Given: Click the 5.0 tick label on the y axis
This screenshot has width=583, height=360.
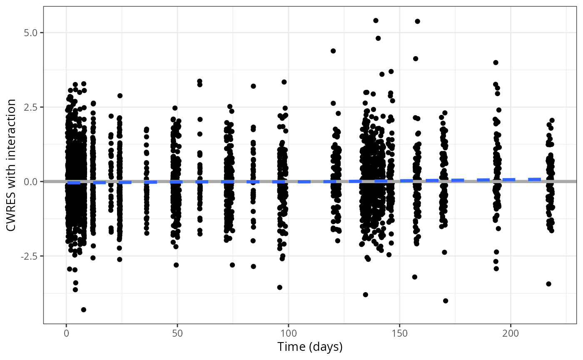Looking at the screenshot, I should pos(30,32).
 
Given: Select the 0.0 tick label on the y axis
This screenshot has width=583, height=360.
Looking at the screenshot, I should pos(30,181).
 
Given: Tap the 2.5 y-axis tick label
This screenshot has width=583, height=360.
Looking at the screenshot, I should pos(30,107).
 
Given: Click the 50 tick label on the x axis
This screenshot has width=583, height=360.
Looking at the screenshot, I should pos(177,334).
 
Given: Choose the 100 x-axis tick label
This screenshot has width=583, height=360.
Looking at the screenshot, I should pos(288,334).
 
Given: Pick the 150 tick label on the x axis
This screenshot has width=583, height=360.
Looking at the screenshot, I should pos(399,334).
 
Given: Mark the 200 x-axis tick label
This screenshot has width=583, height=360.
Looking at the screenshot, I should pos(510,334).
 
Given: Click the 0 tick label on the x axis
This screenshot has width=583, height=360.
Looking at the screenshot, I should pos(66,334).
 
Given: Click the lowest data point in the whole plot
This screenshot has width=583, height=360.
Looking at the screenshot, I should pos(83,310).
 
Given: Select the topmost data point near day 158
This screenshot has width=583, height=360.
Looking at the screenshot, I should pos(417,21).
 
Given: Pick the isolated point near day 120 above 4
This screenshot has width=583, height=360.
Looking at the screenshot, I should pos(333,51).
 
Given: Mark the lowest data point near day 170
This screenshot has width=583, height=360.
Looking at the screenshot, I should pos(446,301).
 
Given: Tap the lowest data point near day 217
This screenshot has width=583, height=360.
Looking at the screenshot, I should pos(548,284).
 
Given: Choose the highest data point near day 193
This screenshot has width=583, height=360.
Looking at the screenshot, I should pos(496,62).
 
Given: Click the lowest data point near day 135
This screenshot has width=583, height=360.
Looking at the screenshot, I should pos(366,295).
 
